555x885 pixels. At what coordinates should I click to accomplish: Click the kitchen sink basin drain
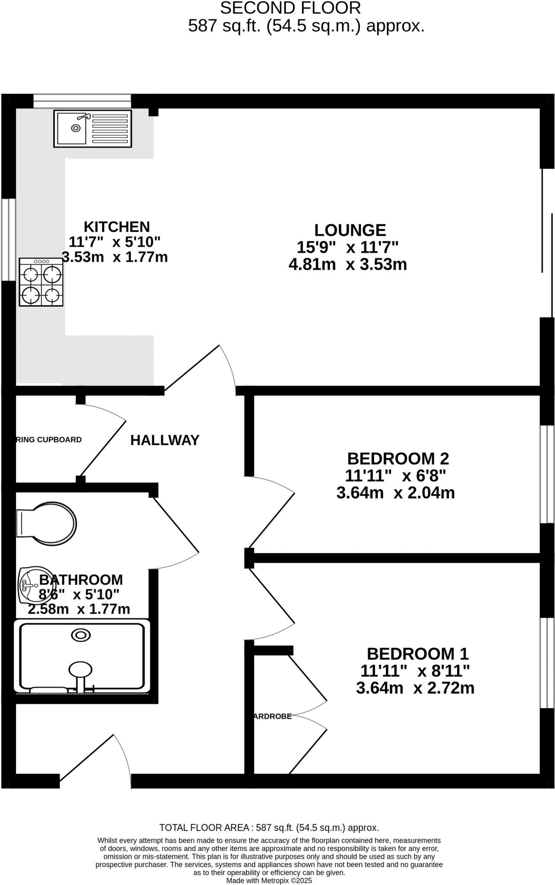point(76,128)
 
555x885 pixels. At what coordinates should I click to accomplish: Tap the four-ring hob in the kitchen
point(41,282)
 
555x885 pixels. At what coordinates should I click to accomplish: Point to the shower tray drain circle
point(81,635)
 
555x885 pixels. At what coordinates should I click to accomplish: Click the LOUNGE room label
point(350,230)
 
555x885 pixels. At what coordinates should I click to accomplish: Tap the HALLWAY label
point(165,440)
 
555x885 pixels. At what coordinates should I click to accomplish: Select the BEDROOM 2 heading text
point(398,458)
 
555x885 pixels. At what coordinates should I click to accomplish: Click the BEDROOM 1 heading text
point(417,653)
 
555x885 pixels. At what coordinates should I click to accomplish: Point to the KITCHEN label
point(117,227)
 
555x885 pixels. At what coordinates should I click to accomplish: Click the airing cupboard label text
point(48,440)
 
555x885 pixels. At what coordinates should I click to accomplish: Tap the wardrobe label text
point(272,716)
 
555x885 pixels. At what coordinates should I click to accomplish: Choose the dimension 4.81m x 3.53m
point(347,264)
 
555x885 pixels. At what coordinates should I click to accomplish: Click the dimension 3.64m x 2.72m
point(415,688)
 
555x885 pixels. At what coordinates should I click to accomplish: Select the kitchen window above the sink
point(82,102)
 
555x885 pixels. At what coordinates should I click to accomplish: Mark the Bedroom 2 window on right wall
point(547,474)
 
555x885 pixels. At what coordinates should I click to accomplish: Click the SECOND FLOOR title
point(290,8)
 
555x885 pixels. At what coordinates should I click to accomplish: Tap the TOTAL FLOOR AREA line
point(269,828)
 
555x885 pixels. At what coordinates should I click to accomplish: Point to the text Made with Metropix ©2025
point(269,880)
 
